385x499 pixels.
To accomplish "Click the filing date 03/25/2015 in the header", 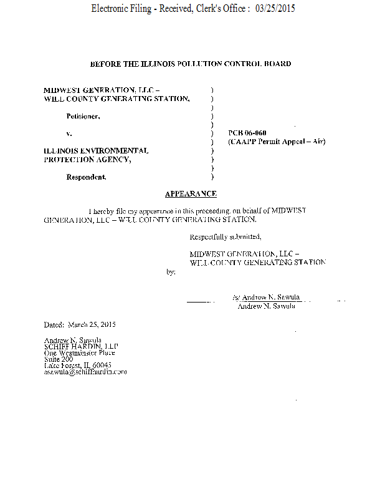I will click(x=275, y=9).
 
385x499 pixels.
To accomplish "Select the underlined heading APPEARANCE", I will click(x=191, y=194).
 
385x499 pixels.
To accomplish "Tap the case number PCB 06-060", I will click(x=247, y=133).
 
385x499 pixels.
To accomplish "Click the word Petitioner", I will click(x=83, y=116).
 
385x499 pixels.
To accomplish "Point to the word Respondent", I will click(x=86, y=177).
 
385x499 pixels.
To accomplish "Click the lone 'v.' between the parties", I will click(x=69, y=133).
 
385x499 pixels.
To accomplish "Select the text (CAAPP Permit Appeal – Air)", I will click(x=277, y=142).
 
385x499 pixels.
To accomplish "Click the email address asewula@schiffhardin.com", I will click(x=85, y=372).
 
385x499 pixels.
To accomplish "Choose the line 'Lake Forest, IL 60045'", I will click(x=78, y=366).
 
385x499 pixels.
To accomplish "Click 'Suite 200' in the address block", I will click(x=59, y=359).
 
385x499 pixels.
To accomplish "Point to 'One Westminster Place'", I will click(x=79, y=353).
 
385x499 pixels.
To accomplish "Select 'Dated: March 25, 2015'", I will click(x=80, y=325).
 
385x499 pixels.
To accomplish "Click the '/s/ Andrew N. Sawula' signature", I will click(x=266, y=298).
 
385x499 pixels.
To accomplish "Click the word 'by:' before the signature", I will click(x=171, y=272).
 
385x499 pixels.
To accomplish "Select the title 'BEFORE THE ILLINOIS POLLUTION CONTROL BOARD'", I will click(x=191, y=64).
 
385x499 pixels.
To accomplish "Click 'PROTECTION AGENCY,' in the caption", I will click(x=87, y=160).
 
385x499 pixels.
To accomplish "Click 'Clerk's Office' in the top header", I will click(x=219, y=9).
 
